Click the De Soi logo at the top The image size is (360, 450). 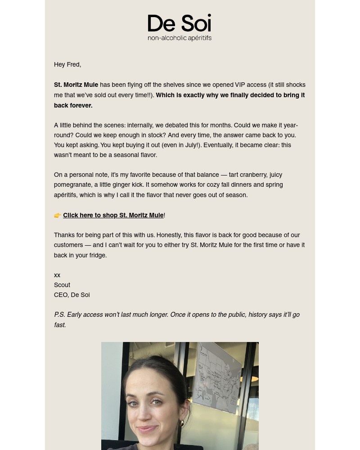(x=180, y=23)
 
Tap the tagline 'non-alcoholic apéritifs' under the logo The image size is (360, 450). (x=180, y=38)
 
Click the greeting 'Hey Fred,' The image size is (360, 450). (x=67, y=64)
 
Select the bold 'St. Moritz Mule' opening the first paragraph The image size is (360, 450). (x=76, y=85)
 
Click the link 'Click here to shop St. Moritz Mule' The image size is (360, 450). (x=113, y=215)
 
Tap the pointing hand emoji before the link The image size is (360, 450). (x=58, y=216)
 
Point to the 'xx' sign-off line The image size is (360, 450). (x=57, y=275)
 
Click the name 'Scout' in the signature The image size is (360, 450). (x=62, y=285)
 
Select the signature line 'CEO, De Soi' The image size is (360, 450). (x=72, y=295)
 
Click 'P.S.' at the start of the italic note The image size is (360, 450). (x=59, y=315)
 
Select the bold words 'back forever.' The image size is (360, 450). (x=73, y=105)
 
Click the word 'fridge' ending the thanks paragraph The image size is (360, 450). (x=97, y=255)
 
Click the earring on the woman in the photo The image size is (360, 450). (x=182, y=423)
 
